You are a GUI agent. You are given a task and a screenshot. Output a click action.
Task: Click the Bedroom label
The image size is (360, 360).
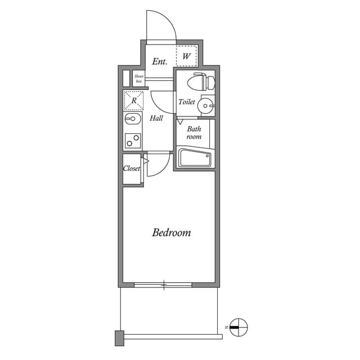pyautogui.click(x=171, y=232)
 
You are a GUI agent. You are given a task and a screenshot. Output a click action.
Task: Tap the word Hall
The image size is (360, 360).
pyautogui.click(x=156, y=118)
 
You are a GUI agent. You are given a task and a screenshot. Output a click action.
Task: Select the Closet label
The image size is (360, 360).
pyautogui.click(x=132, y=168)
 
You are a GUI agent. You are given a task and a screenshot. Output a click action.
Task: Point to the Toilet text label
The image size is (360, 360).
pyautogui.click(x=187, y=102)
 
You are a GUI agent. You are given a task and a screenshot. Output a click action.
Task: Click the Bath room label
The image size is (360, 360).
pyautogui.click(x=194, y=133)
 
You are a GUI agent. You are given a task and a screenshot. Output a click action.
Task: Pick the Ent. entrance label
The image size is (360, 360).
pyautogui.click(x=160, y=61)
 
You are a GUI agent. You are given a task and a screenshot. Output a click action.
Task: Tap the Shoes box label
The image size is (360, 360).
pyautogui.click(x=138, y=79)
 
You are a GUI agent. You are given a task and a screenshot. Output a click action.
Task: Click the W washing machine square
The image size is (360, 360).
pyautogui.click(x=186, y=56)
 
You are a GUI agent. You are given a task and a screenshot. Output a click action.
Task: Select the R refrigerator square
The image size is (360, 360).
pyautogui.click(x=134, y=101)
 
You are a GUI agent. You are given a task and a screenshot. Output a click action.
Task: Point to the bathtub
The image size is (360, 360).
pyautogui.click(x=194, y=157)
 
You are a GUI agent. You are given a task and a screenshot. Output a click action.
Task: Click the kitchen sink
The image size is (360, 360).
pyautogui.click(x=133, y=119)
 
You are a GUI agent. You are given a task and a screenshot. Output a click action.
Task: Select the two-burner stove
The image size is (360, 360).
pyautogui.click(x=133, y=139)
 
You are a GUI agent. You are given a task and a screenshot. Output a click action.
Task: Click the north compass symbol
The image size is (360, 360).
pyautogui.click(x=238, y=326)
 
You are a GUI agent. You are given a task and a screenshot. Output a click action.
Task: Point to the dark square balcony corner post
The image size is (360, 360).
pyautogui.click(x=119, y=337)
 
